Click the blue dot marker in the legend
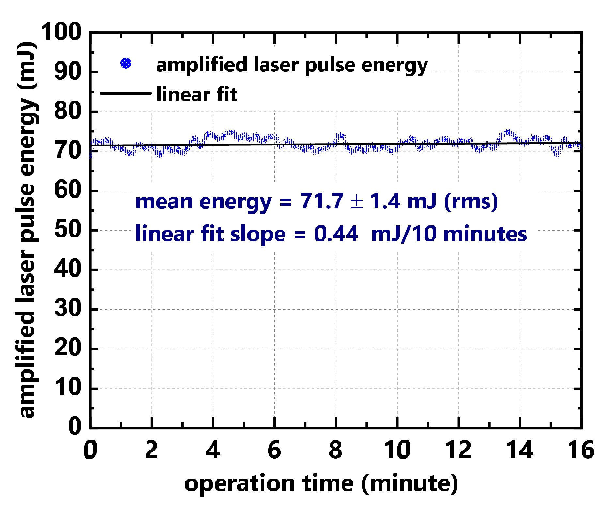click(126, 63)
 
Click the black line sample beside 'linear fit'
click(126, 93)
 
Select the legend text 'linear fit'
click(197, 95)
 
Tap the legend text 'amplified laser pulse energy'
click(292, 65)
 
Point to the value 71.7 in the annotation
click(322, 201)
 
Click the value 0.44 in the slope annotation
click(336, 234)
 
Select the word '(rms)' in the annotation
click(471, 201)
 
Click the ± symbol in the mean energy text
click(356, 202)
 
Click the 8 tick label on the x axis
click(336, 450)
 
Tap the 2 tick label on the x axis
click(151, 450)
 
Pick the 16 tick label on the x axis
click(581, 450)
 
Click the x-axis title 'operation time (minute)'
click(321, 483)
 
